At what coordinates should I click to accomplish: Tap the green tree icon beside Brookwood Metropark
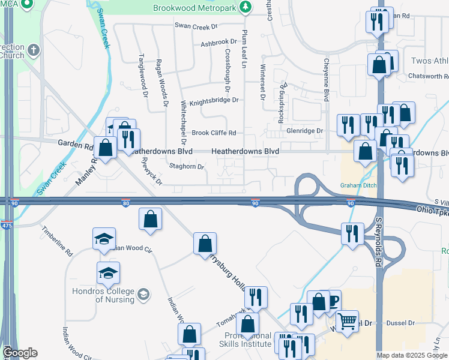point(245,8)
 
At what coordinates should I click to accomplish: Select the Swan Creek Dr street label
point(196,26)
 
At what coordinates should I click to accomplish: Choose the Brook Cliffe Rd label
point(214,133)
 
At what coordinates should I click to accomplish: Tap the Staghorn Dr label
point(187,166)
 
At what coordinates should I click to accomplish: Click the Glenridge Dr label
point(304,130)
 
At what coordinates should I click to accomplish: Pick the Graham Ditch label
point(359,185)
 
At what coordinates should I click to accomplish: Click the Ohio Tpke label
point(432,210)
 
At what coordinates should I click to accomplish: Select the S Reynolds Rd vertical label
point(379,242)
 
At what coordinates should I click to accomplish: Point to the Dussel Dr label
point(403,323)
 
